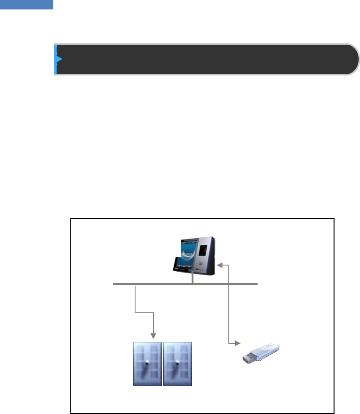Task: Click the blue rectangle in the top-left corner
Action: tap(26, 5)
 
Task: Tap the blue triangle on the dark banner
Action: tap(59, 59)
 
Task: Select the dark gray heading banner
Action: tap(205, 59)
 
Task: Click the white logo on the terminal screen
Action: tap(184, 250)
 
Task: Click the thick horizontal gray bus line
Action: tap(185, 284)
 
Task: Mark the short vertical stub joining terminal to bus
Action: tap(193, 279)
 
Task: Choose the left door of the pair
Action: tap(147, 364)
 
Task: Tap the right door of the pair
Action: tap(177, 364)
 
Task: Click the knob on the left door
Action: tap(148, 363)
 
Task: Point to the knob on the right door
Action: tap(178, 363)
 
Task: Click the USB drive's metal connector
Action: tap(247, 359)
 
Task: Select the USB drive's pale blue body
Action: tap(267, 351)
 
